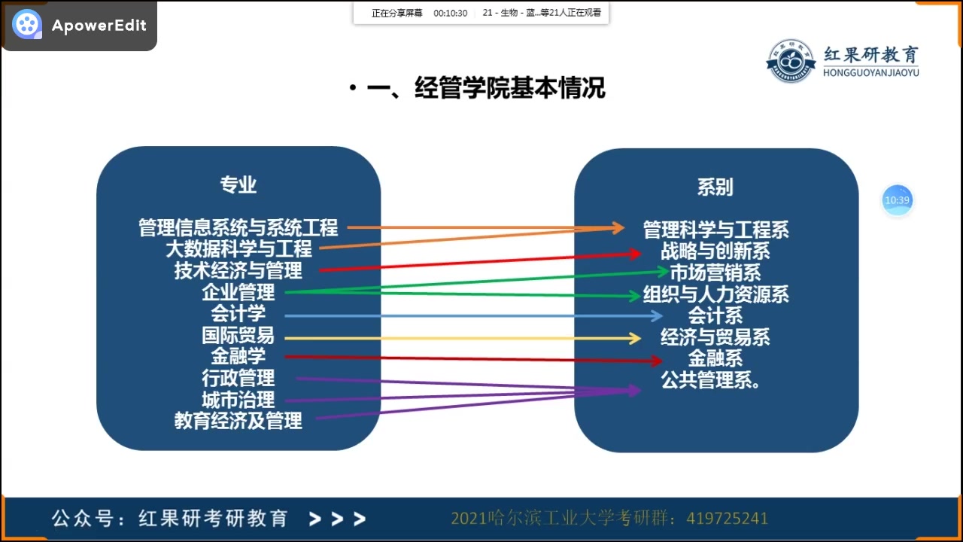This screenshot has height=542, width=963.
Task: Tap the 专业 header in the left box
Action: (238, 185)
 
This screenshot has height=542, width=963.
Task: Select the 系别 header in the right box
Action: (715, 187)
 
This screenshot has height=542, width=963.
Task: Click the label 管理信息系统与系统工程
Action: (238, 227)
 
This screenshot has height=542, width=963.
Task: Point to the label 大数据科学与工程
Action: (238, 248)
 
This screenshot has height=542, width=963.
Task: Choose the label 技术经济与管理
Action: (238, 270)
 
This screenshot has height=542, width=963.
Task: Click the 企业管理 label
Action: (238, 292)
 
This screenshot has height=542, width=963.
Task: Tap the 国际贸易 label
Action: (238, 335)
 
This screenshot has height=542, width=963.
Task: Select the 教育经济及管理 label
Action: (238, 420)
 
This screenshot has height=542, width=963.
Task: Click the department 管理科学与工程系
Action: (715, 230)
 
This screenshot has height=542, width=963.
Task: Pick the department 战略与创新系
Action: (715, 251)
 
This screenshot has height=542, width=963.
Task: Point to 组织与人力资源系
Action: (715, 294)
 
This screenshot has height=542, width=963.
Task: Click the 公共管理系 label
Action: (710, 379)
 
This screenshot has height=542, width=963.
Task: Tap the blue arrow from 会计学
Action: (466, 316)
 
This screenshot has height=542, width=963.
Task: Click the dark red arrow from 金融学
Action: (466, 359)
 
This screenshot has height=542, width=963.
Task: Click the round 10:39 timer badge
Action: (897, 200)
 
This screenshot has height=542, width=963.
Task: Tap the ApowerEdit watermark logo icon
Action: (27, 25)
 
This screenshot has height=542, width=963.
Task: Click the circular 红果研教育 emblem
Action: (791, 61)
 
